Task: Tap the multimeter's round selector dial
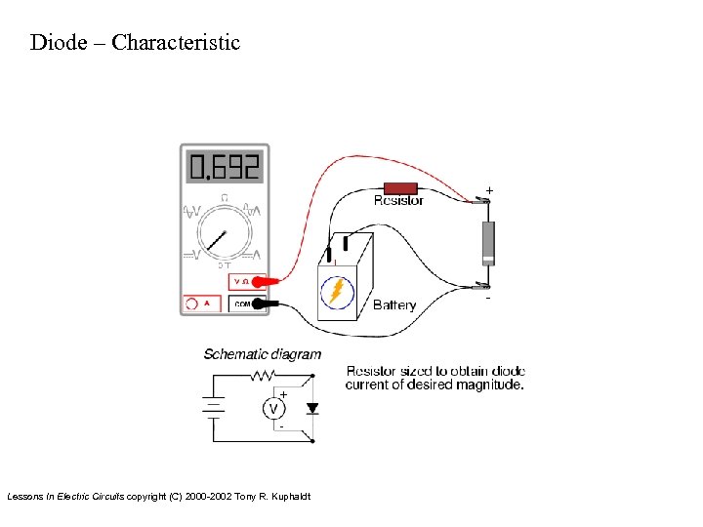pyautogui.click(x=224, y=234)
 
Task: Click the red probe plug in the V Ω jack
pyautogui.click(x=258, y=282)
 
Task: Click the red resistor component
pyautogui.click(x=400, y=187)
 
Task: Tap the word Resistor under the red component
pyautogui.click(x=398, y=201)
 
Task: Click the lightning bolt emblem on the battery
pyautogui.click(x=338, y=291)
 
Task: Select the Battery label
pyautogui.click(x=394, y=305)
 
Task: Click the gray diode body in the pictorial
pyautogui.click(x=488, y=242)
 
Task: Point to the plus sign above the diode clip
pyautogui.click(x=489, y=188)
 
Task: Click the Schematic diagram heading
pyautogui.click(x=262, y=354)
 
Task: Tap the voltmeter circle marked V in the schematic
pyautogui.click(x=274, y=408)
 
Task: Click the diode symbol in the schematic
pyautogui.click(x=311, y=407)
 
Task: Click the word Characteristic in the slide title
pyautogui.click(x=176, y=43)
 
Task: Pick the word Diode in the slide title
pyautogui.click(x=57, y=43)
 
